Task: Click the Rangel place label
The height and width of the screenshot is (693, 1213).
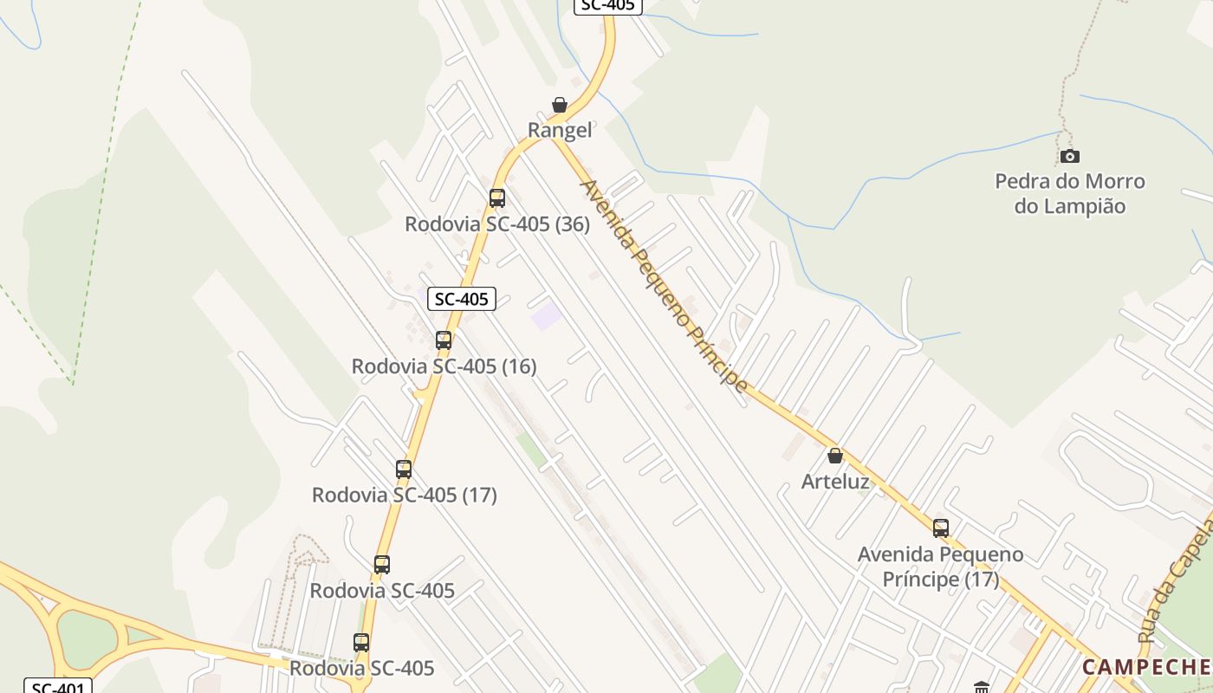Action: pyautogui.click(x=560, y=131)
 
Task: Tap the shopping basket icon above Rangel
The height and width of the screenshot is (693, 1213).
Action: pyautogui.click(x=560, y=105)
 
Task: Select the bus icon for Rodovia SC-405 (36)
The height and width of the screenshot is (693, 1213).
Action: pyautogui.click(x=496, y=198)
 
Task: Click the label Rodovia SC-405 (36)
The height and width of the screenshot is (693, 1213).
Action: pyautogui.click(x=497, y=224)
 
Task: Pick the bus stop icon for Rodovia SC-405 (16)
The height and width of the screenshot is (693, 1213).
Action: pyautogui.click(x=444, y=340)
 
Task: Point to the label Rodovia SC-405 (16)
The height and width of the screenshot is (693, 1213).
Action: pyautogui.click(x=444, y=366)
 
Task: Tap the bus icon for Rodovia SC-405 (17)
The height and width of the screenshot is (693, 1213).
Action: pyautogui.click(x=404, y=469)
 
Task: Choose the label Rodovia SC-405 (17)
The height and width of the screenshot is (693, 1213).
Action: pyautogui.click(x=404, y=495)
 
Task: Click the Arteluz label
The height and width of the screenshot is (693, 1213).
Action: pyautogui.click(x=835, y=482)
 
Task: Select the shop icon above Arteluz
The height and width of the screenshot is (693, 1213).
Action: pyautogui.click(x=835, y=456)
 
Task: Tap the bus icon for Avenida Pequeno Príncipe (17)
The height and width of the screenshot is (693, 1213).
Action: pyautogui.click(x=941, y=528)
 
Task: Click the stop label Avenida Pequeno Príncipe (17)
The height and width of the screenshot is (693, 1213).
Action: pyautogui.click(x=941, y=567)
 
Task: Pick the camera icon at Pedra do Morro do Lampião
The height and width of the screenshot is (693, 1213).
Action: pyautogui.click(x=1070, y=156)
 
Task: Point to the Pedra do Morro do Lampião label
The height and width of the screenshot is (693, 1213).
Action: pyautogui.click(x=1070, y=194)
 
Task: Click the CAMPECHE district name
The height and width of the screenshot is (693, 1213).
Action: pyautogui.click(x=1145, y=667)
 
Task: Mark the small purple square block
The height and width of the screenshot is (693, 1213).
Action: pyautogui.click(x=546, y=315)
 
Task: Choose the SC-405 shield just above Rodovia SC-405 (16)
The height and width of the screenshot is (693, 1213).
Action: pyautogui.click(x=462, y=299)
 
